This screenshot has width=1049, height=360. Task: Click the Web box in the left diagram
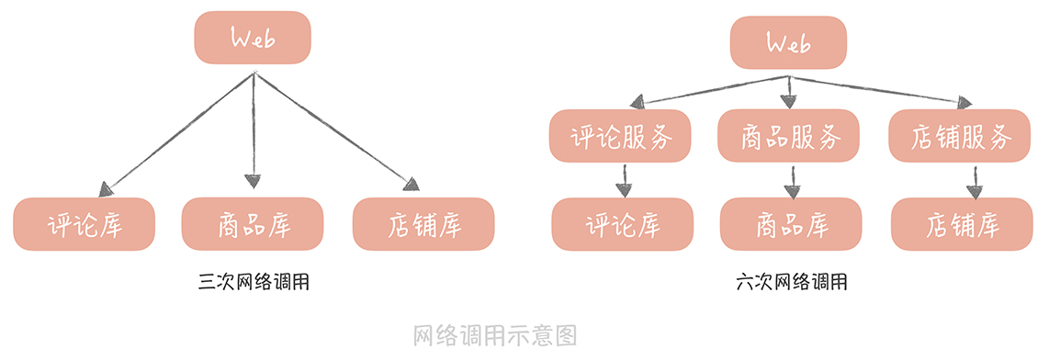(x=253, y=38)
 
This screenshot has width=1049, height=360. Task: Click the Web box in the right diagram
(x=788, y=43)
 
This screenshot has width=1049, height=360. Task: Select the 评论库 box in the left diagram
(x=85, y=224)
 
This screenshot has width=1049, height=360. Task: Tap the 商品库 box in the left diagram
(x=253, y=224)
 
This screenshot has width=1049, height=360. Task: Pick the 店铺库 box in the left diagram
(x=423, y=224)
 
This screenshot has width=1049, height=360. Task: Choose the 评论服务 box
(x=622, y=137)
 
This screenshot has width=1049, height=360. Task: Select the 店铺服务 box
(x=961, y=137)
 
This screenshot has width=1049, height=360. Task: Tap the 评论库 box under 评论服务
(x=622, y=224)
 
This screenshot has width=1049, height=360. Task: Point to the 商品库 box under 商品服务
(x=791, y=224)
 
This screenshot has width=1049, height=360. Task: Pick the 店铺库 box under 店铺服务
(x=961, y=224)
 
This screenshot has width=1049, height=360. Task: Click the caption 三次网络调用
(x=253, y=282)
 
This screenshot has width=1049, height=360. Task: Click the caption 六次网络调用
(x=791, y=282)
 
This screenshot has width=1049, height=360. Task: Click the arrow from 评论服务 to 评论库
(x=624, y=180)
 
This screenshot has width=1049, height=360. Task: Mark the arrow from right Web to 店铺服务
(x=882, y=88)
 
